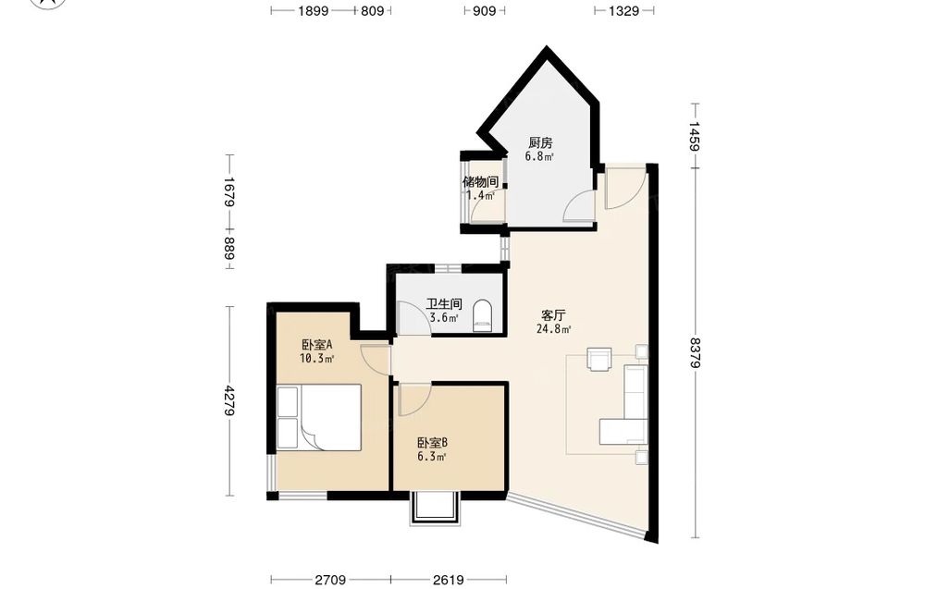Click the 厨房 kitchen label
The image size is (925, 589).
540,142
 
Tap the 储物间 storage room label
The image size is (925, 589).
481,181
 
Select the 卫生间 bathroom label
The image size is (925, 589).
444,304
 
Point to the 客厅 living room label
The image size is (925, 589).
553,315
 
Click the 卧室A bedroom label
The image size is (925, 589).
316,344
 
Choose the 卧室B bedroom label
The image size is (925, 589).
432,443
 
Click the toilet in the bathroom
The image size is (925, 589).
483,316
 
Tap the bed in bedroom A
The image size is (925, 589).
318,417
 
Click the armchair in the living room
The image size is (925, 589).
599,359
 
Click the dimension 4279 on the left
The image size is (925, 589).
228,401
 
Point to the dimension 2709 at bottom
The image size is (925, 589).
330,581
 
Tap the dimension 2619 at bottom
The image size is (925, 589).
448,581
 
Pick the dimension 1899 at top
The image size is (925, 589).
313,10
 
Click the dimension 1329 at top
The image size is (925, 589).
623,10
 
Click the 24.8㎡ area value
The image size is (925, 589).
553,329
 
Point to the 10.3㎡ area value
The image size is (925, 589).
316,358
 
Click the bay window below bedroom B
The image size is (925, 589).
435,508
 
